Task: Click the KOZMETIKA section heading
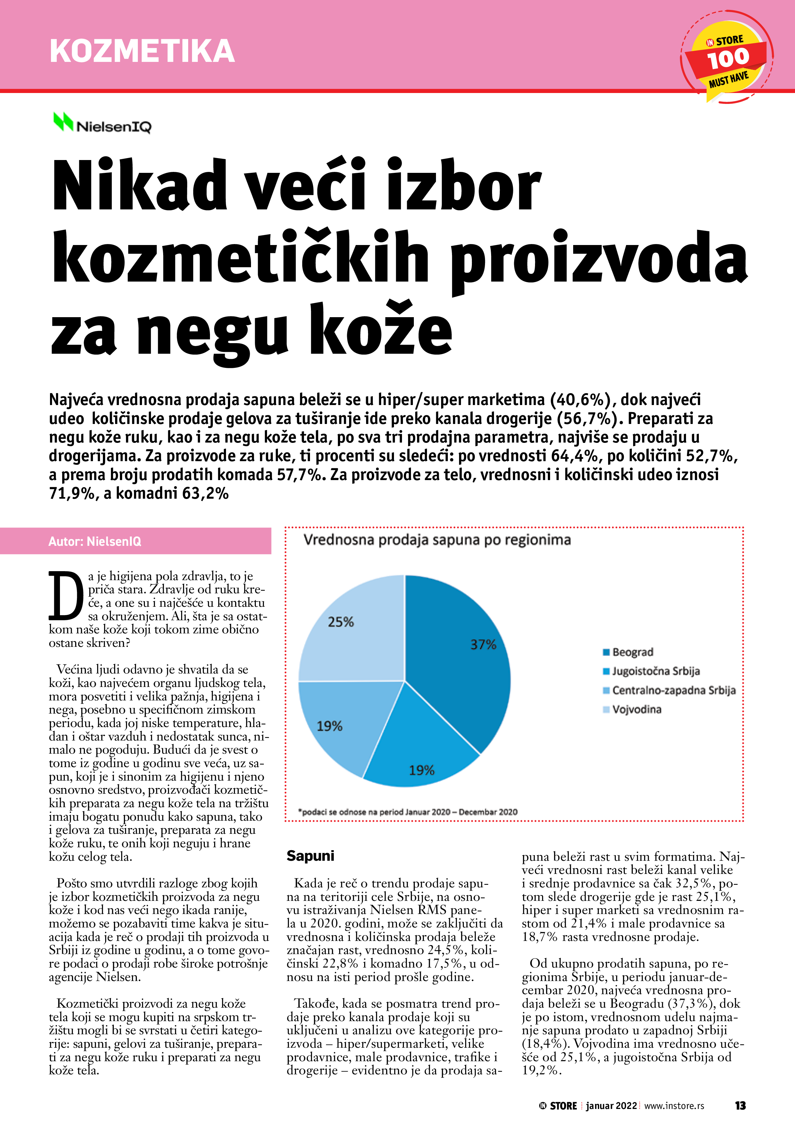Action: click(142, 51)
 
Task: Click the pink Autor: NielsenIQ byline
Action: click(95, 541)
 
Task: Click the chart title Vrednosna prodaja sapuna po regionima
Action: click(437, 540)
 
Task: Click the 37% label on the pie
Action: click(483, 644)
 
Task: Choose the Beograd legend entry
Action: click(632, 652)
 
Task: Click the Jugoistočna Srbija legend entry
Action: click(656, 671)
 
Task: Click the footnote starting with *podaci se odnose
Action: click(407, 812)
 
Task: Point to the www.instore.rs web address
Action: click(674, 1106)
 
